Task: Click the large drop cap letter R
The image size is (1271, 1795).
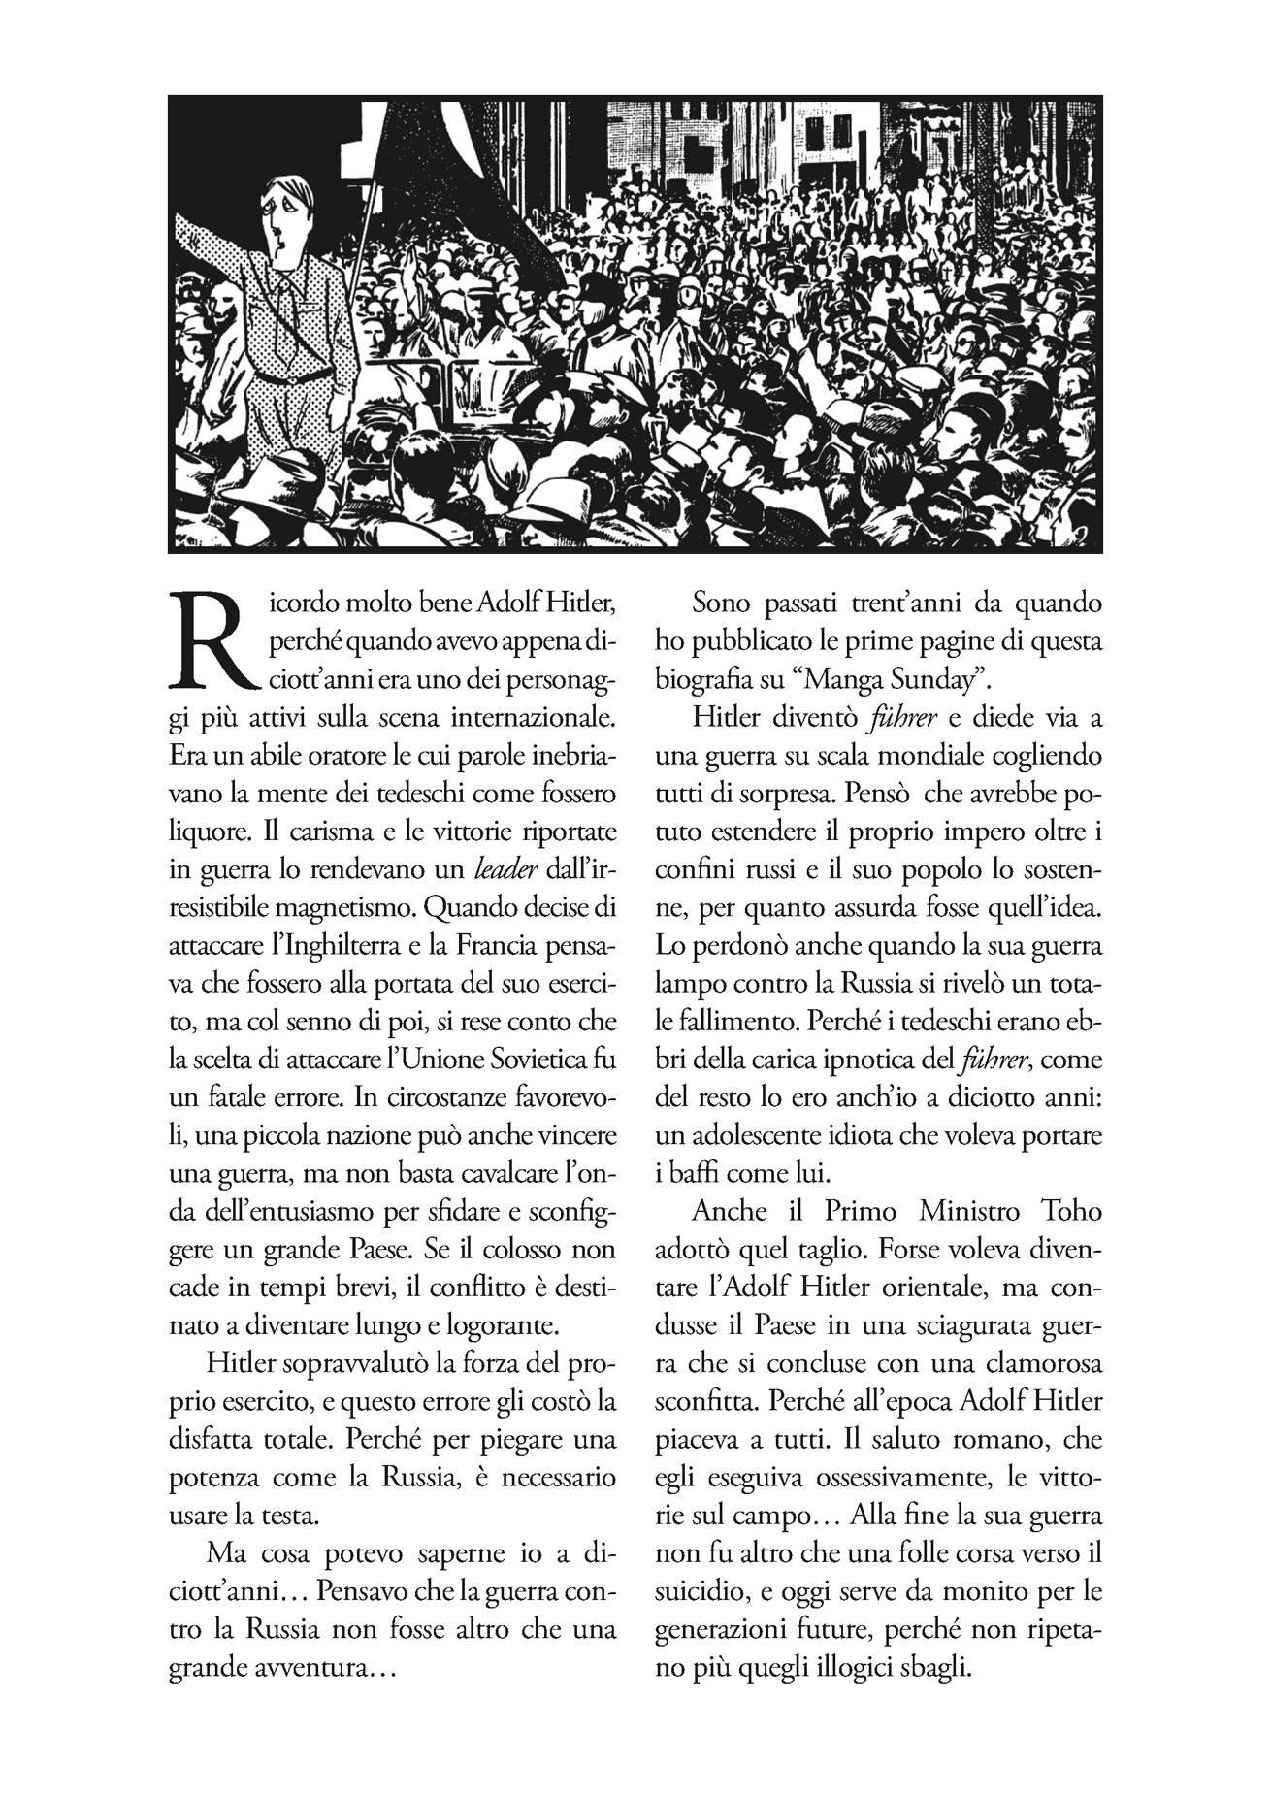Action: coord(212,638)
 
